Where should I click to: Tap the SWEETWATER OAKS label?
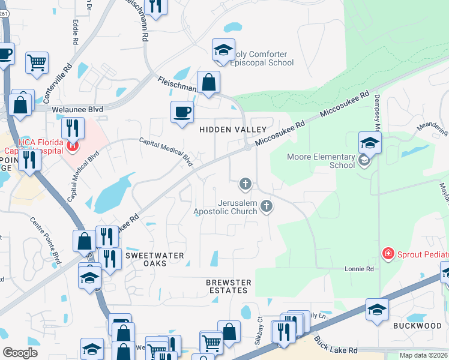154,259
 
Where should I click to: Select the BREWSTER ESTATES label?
227,286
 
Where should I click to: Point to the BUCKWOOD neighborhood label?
417,326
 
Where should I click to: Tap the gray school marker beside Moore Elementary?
363,160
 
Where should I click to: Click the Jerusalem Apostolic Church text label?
225,207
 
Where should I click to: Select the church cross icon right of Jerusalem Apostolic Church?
267,207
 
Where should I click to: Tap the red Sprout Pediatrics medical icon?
388,254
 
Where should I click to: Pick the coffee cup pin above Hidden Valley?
182,112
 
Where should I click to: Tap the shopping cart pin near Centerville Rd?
37,62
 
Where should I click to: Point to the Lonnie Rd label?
359,269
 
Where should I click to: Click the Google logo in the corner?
20,352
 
